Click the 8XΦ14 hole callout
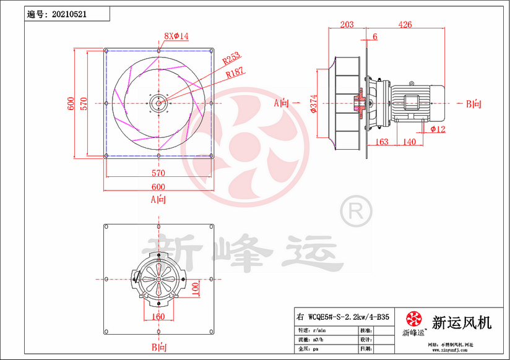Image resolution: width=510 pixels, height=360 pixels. pyautogui.click(x=176, y=36)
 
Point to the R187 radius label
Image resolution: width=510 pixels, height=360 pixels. pyautogui.click(x=235, y=73)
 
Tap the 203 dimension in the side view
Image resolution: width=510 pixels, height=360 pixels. pyautogui.click(x=347, y=25)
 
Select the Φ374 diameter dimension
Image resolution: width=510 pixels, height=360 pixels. pyautogui.click(x=314, y=104)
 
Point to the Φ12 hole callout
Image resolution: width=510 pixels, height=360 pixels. pyautogui.click(x=438, y=129)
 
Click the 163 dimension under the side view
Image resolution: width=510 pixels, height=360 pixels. pyautogui.click(x=382, y=142)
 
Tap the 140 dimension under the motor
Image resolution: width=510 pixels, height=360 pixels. pyautogui.click(x=408, y=142)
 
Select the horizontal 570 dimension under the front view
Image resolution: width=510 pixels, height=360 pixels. pyautogui.click(x=158, y=173)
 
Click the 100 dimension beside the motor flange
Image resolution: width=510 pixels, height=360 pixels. pyautogui.click(x=195, y=288)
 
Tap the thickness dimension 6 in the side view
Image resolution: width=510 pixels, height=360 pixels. pyautogui.click(x=374, y=36)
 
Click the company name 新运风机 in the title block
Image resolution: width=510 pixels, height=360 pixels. pyautogui.click(x=461, y=322)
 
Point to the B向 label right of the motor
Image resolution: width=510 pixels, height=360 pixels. pyautogui.click(x=473, y=104)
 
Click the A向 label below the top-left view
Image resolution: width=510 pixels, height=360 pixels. pyautogui.click(x=158, y=199)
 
